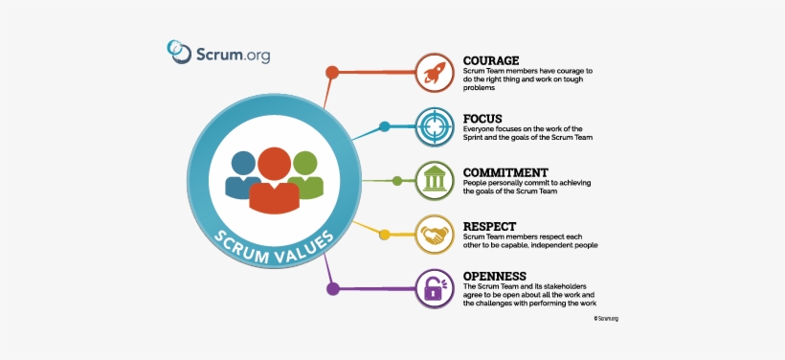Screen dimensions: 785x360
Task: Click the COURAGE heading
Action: (491, 60)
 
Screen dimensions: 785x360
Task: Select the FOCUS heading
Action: (482, 119)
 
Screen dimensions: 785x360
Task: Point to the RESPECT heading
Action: (489, 226)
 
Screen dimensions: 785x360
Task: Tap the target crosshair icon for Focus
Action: (433, 126)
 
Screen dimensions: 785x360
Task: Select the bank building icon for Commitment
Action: (433, 180)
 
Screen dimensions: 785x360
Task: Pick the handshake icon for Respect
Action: (433, 235)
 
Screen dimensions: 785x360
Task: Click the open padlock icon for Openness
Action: (433, 287)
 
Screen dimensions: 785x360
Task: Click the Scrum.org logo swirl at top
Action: (178, 51)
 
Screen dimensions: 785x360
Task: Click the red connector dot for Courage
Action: (332, 72)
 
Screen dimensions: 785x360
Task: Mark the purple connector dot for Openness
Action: (333, 288)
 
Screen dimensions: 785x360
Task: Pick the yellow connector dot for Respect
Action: (384, 235)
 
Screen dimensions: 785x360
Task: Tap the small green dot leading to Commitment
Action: (397, 180)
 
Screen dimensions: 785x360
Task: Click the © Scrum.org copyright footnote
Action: (606, 318)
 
